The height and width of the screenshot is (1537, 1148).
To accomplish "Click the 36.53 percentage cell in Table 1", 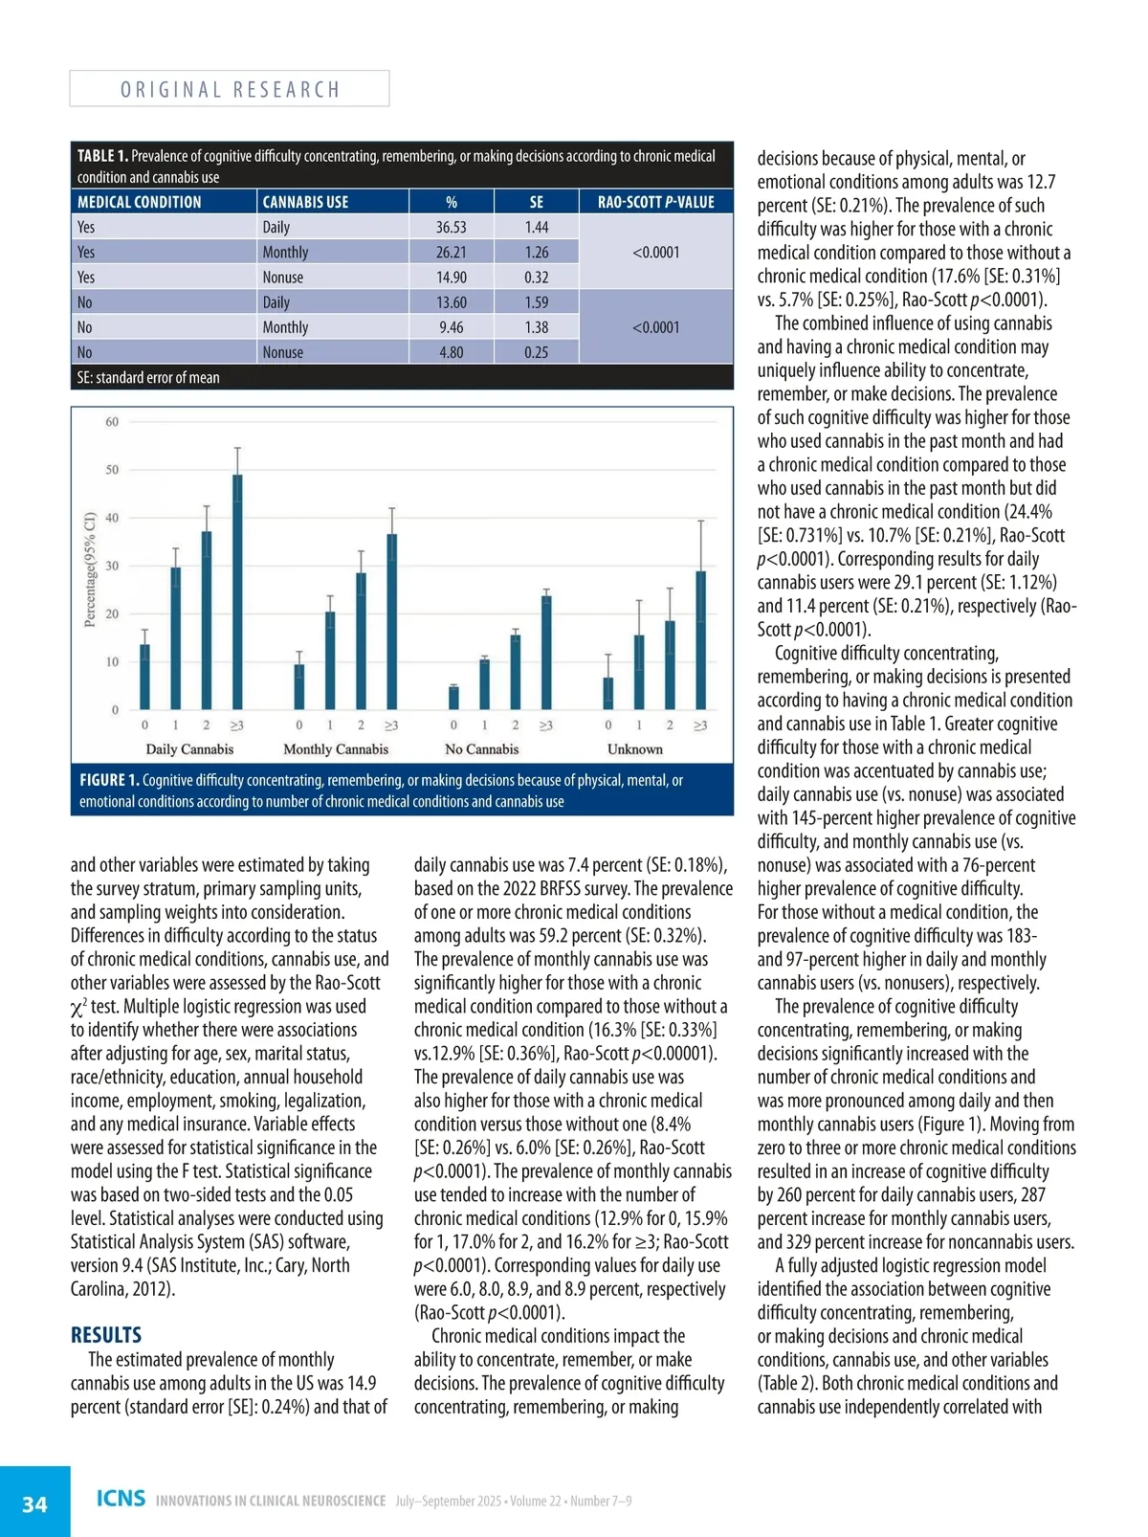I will pos(451,227).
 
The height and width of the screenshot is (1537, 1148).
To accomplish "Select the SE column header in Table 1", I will pos(536,202).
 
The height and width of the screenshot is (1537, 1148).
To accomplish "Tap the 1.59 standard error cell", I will pos(536,302).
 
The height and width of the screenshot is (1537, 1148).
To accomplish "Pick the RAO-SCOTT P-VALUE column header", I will pos(655,202).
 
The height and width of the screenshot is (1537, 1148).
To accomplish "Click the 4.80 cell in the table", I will pos(451,352).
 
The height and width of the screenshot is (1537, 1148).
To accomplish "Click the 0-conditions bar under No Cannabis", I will pos(453,697).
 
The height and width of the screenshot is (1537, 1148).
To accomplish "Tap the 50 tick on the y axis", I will pos(112,470).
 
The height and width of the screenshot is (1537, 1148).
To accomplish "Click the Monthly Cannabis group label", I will pos(336,749).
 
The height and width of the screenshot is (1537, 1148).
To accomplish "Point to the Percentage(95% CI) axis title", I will pos(90,569).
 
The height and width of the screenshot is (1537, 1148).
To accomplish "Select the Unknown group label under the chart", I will pos(634,749).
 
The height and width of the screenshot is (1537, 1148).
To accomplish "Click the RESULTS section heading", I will pos(106,1335).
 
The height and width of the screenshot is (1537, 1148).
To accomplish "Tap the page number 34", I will pos(34,1504).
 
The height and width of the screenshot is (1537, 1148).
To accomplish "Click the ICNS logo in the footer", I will pos(121,1498).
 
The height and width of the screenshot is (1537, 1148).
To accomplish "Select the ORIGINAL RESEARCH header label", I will pos(230,90).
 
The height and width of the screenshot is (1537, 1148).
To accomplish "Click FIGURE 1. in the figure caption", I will pos(108,780).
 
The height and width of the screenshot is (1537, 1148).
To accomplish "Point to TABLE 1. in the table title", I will pos(101,156).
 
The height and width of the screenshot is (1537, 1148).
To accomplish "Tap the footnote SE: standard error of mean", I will pos(148,378).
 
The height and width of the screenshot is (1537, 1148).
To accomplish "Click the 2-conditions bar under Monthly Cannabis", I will pos(361,640).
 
